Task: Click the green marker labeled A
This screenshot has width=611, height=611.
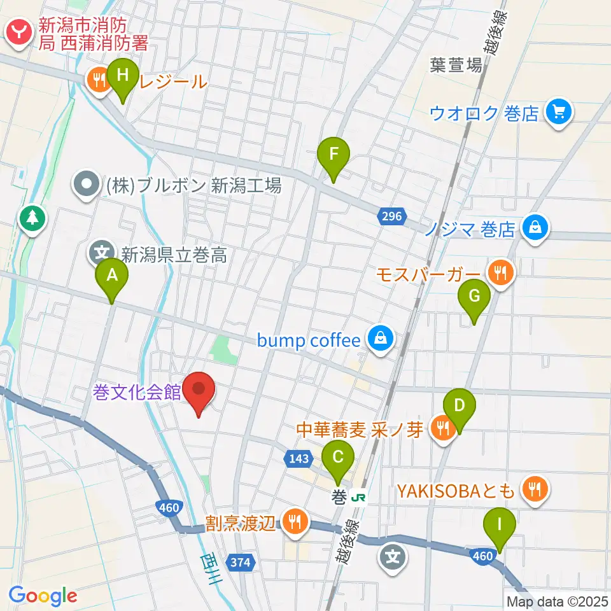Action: [x=112, y=276]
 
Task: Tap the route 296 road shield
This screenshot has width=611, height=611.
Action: [x=392, y=217]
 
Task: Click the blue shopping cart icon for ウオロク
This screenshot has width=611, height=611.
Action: [x=560, y=113]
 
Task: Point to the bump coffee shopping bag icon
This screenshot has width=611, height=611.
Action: [x=380, y=339]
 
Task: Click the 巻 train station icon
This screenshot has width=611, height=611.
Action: [x=360, y=496]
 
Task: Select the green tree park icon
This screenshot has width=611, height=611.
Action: [x=31, y=218]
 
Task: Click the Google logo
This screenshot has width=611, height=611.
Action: [x=43, y=596]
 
